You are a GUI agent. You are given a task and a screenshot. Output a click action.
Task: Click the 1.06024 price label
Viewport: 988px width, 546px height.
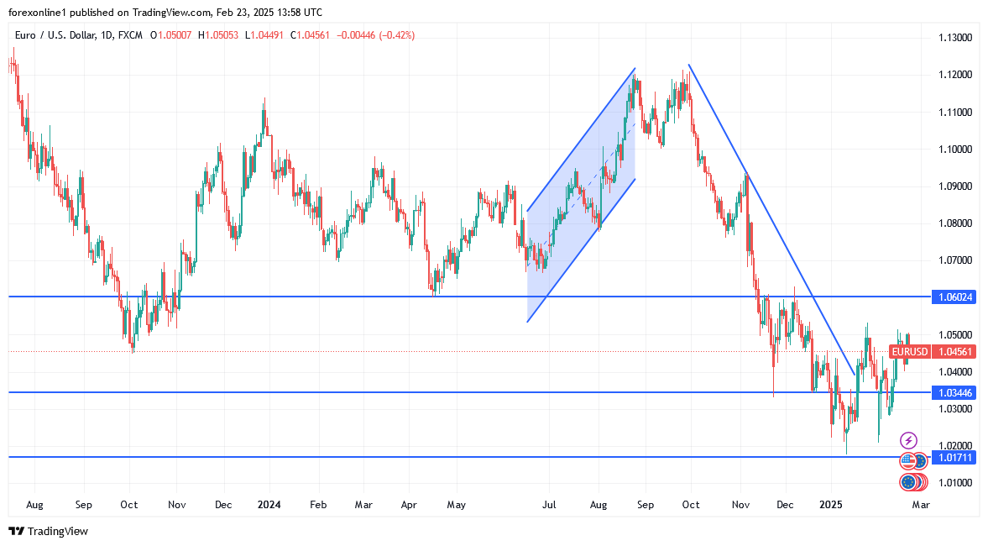(x=954, y=297)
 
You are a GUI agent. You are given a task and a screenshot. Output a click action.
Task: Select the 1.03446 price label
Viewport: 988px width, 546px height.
(x=954, y=392)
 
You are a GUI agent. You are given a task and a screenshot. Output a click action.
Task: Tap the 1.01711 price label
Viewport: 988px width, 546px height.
(x=954, y=457)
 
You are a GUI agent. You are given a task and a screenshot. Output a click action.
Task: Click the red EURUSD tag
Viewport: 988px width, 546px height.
(x=910, y=352)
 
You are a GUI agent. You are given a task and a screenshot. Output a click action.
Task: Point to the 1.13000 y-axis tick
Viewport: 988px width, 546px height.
(x=954, y=38)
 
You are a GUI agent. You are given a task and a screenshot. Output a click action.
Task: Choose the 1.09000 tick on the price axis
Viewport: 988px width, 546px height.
(x=954, y=186)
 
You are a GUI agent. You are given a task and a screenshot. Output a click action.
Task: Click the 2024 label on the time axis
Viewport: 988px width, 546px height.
(x=269, y=505)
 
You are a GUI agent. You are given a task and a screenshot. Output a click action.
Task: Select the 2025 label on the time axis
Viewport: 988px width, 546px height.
(x=831, y=505)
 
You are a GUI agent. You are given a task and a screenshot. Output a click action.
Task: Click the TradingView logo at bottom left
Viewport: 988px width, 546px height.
(x=48, y=531)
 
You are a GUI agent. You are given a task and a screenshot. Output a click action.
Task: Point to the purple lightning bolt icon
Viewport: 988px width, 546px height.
(x=908, y=440)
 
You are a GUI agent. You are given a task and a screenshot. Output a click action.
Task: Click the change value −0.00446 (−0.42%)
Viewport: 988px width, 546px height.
(x=375, y=35)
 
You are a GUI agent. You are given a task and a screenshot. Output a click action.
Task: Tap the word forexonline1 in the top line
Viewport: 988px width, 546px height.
(x=38, y=13)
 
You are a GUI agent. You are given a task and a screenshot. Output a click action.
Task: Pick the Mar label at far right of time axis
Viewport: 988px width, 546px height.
(x=921, y=505)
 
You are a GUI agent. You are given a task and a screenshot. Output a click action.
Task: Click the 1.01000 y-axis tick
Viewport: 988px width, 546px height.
(x=954, y=482)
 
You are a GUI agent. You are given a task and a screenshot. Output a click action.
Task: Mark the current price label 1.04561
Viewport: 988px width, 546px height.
(x=954, y=352)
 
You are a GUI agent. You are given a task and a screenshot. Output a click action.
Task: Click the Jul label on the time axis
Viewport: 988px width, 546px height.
(x=549, y=505)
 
